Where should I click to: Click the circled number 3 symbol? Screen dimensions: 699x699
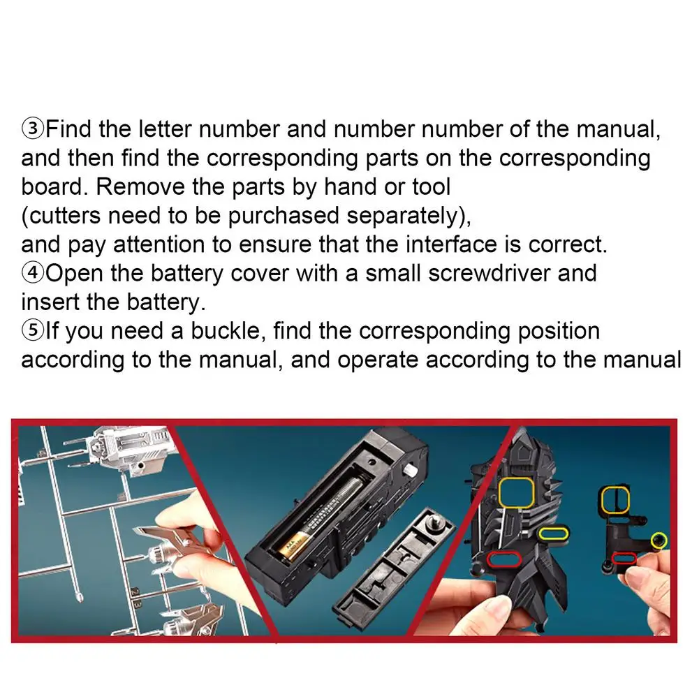(x=33, y=128)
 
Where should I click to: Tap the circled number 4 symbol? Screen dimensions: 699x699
(x=33, y=273)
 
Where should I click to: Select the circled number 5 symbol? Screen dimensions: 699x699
(x=33, y=330)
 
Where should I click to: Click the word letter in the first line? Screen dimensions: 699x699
(x=165, y=128)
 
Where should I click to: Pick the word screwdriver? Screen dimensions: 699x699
(x=489, y=273)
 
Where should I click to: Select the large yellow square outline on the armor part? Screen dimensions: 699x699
(x=516, y=492)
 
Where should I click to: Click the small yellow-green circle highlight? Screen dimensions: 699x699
(x=658, y=540)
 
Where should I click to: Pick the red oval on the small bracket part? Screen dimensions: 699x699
(x=624, y=558)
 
